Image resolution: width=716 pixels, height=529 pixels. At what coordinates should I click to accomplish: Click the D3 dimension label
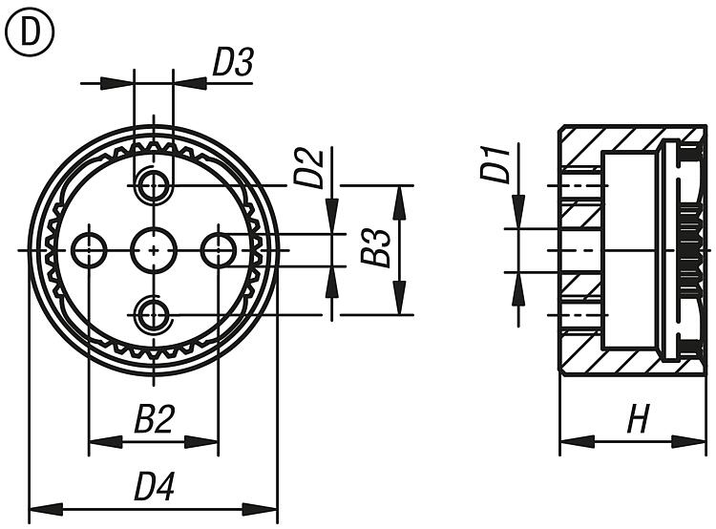pyautogui.click(x=233, y=62)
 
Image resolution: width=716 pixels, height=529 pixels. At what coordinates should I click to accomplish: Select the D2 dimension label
pyautogui.click(x=309, y=169)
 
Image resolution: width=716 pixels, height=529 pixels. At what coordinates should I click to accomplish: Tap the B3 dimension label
pyautogui.click(x=375, y=247)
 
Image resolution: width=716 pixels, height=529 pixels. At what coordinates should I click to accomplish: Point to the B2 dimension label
pyautogui.click(x=155, y=419)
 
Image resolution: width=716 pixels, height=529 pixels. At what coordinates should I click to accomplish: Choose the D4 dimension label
pyautogui.click(x=155, y=486)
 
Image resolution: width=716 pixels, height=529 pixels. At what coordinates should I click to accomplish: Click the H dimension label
pyautogui.click(x=638, y=418)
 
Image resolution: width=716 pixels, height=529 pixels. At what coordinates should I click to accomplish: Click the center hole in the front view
pyautogui.click(x=154, y=250)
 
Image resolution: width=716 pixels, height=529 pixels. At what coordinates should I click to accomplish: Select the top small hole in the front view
pyautogui.click(x=154, y=185)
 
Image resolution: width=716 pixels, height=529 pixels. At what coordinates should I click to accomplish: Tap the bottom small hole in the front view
pyautogui.click(x=154, y=315)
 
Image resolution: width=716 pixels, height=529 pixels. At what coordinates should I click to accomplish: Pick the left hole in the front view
pyautogui.click(x=89, y=250)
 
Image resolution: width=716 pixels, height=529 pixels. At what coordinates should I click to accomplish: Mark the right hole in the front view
pyautogui.click(x=219, y=250)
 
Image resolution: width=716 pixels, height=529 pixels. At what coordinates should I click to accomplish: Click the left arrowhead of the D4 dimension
pyautogui.click(x=46, y=509)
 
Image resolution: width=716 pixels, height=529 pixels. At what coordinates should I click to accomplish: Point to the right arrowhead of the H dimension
pyautogui.click(x=689, y=441)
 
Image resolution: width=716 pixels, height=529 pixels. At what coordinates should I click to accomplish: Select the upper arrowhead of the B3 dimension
pyautogui.click(x=400, y=202)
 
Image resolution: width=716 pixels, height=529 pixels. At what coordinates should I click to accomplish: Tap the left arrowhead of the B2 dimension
pyautogui.click(x=106, y=442)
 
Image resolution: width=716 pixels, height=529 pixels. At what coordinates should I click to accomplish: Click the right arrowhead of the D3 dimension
pyautogui.click(x=190, y=83)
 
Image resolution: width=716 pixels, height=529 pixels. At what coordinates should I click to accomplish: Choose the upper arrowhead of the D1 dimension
pyautogui.click(x=518, y=211)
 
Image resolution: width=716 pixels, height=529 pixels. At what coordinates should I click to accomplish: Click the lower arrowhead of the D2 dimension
pyautogui.click(x=332, y=283)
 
